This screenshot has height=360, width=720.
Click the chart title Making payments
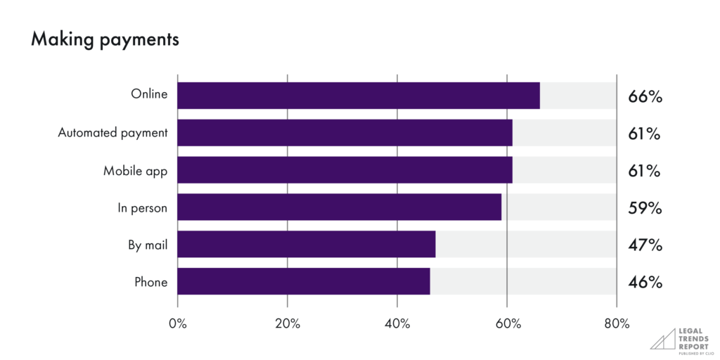tap(105, 40)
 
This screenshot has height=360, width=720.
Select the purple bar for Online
tap(359, 96)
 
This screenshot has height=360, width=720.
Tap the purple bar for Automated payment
tap(345, 133)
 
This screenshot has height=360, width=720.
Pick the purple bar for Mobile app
tap(345, 170)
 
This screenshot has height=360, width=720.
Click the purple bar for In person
tap(339, 207)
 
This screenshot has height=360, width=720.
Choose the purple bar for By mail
tap(306, 245)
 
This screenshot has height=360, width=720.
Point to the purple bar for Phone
tap(303, 282)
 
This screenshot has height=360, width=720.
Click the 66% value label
tap(645, 96)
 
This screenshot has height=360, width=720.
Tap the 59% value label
tap(645, 208)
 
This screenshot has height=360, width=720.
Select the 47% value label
tap(645, 245)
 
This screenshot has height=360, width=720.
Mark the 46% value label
tap(645, 283)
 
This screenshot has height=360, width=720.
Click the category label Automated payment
tap(112, 133)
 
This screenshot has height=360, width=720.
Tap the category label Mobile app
tap(135, 170)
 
